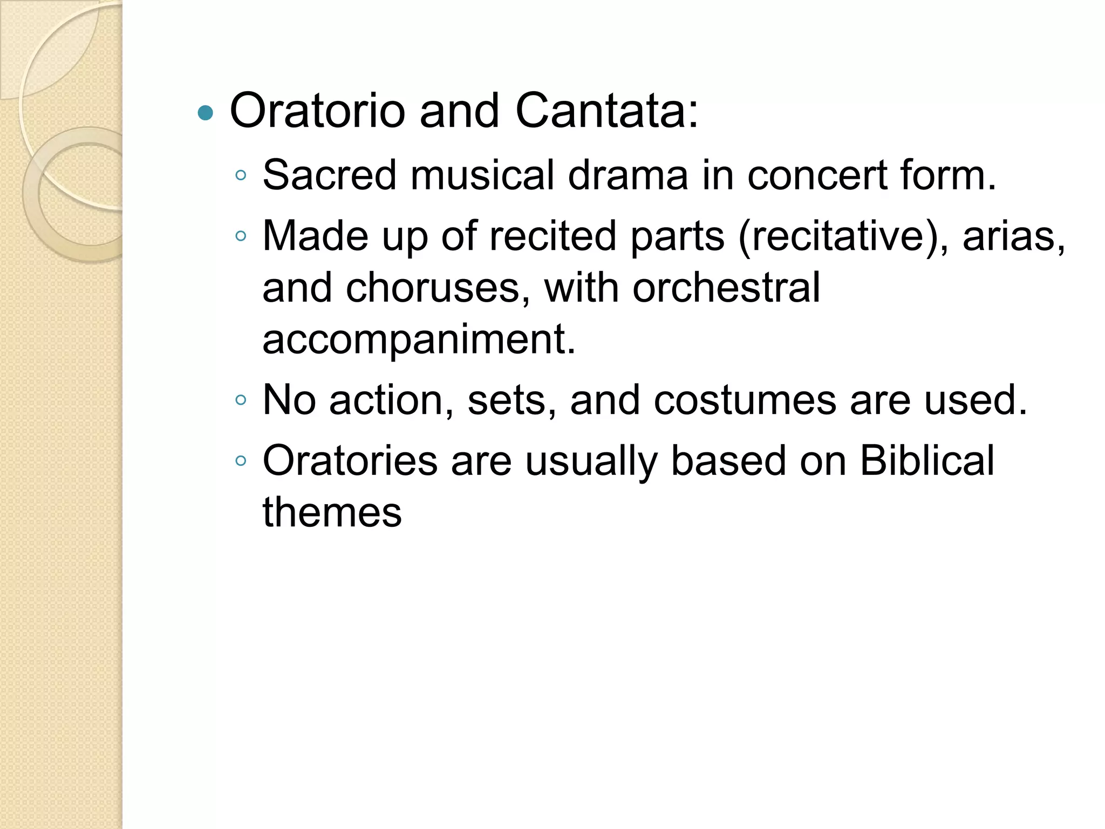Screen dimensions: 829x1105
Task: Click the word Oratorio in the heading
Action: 317,111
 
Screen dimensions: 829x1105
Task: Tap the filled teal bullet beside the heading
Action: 206,113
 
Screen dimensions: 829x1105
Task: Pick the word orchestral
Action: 726,288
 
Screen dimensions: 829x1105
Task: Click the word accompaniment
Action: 419,339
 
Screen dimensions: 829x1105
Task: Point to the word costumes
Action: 745,400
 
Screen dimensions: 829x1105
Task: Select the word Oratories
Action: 350,461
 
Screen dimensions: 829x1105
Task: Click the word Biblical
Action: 926,461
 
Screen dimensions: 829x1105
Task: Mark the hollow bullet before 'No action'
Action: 241,400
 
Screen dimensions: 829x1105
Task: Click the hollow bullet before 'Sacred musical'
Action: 241,175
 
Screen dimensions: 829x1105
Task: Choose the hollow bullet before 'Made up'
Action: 241,236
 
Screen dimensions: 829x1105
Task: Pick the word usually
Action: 591,462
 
